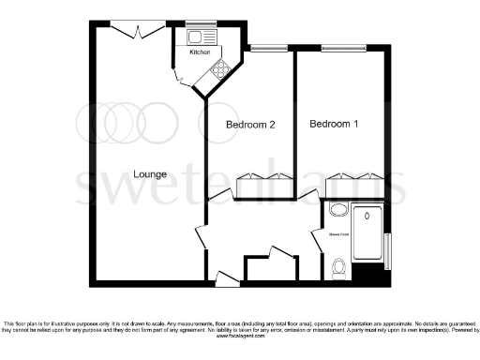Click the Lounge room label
149,173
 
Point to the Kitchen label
200,52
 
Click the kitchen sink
198,37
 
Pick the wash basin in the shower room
337,212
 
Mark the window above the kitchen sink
198,23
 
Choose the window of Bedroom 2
268,47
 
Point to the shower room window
388,248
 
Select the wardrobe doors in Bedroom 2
264,177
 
